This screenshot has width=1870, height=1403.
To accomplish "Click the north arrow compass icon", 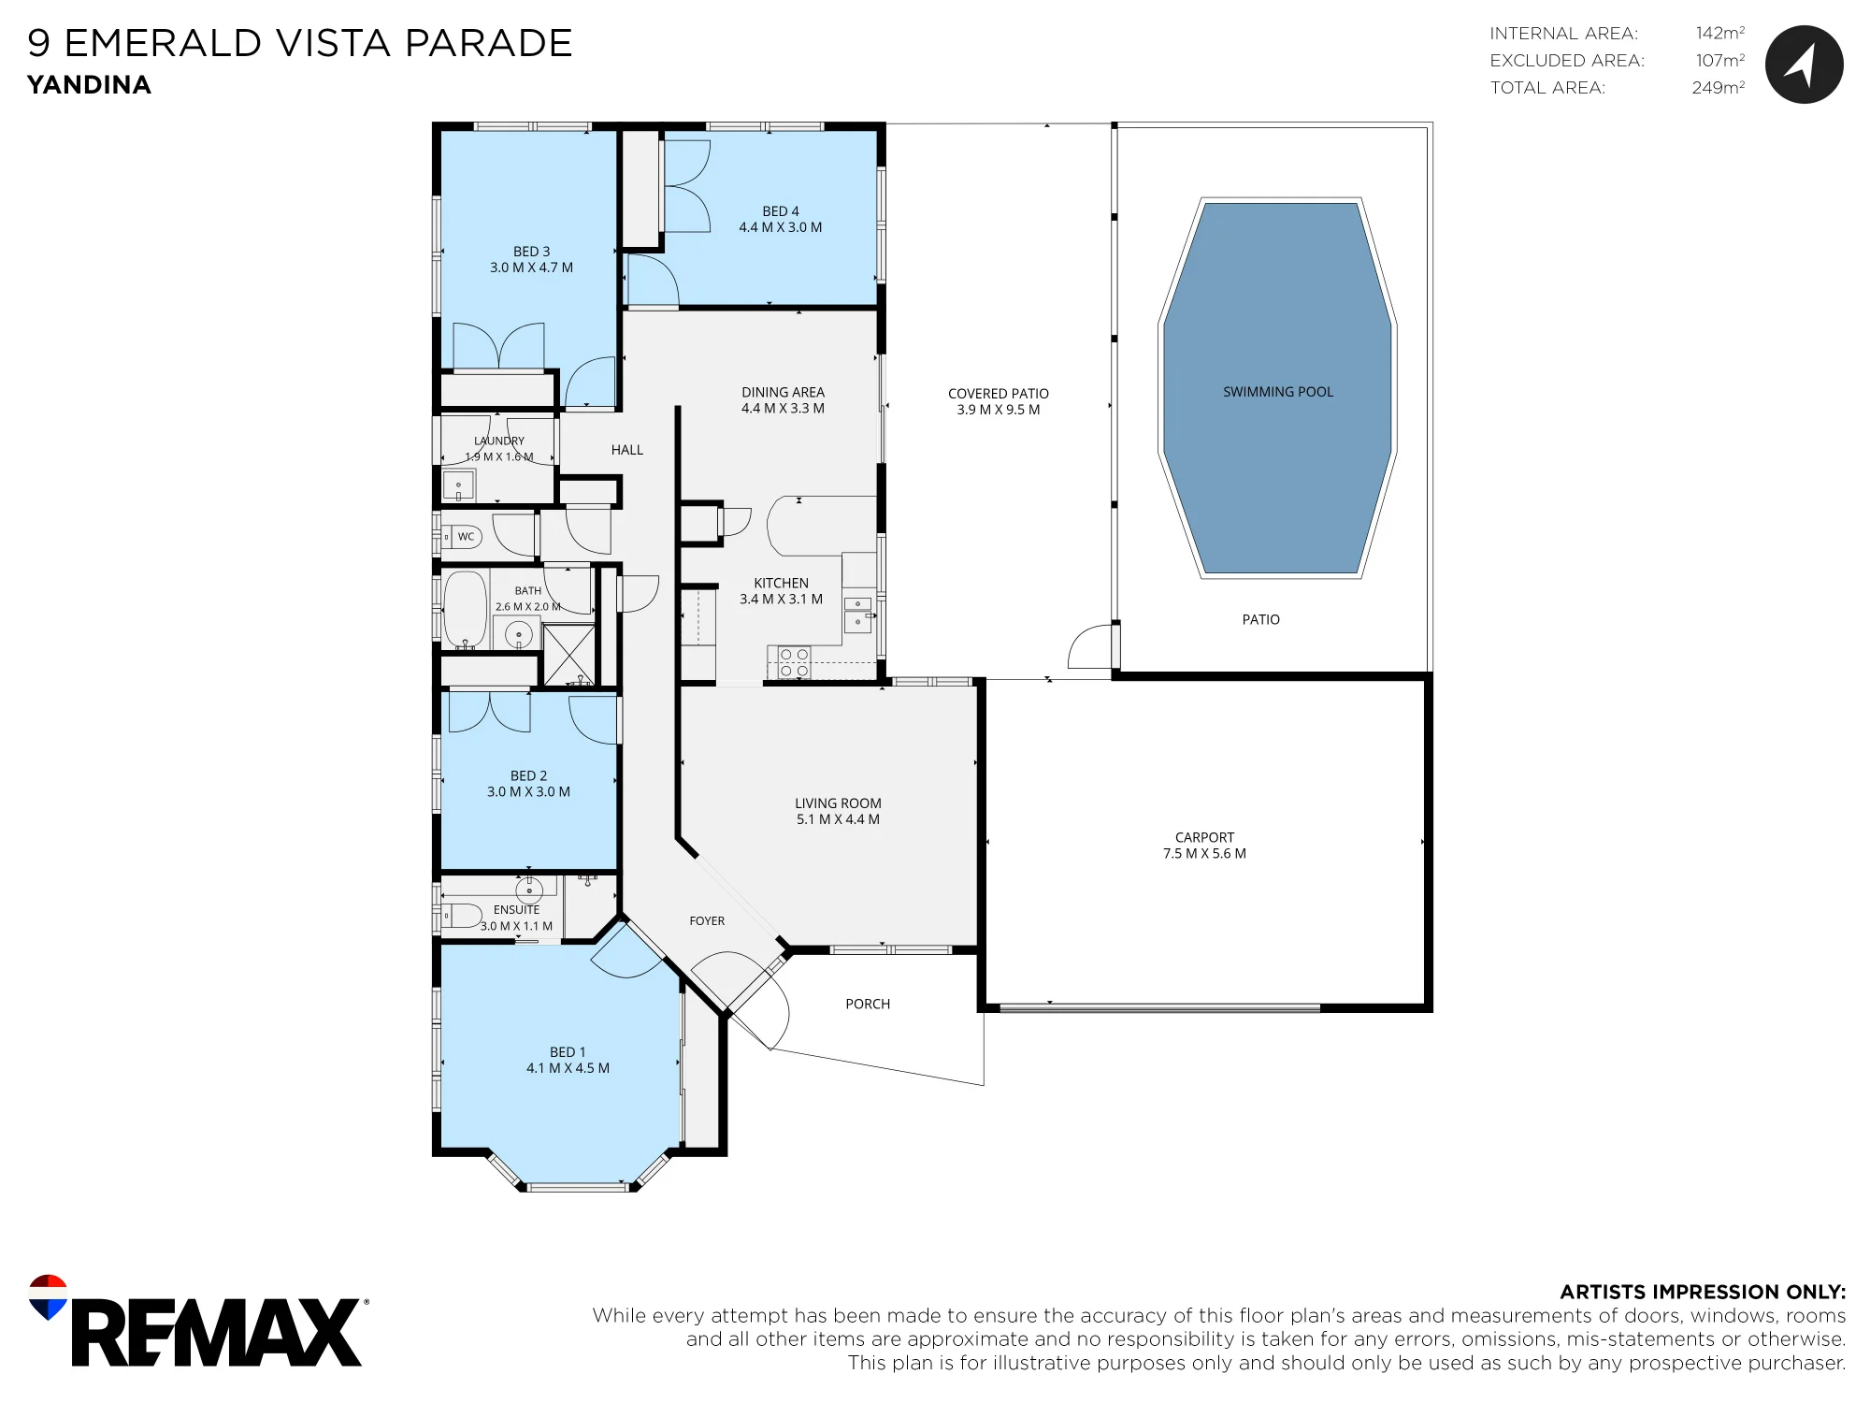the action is click(1804, 64).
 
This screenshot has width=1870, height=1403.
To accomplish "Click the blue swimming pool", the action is click(1277, 388).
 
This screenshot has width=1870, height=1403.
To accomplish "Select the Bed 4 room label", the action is click(781, 211).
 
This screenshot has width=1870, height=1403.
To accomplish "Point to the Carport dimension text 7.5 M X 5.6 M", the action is click(1204, 853).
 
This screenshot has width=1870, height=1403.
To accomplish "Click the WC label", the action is click(466, 536).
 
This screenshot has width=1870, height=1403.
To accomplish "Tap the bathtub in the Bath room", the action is click(465, 609).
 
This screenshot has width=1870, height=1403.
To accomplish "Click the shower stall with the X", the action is click(568, 654).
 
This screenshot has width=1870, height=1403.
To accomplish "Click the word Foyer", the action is click(707, 921).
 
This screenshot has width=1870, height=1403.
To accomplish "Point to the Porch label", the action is click(868, 1004).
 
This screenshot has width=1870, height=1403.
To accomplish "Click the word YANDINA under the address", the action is click(89, 85).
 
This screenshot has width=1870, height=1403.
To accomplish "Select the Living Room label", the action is click(838, 803).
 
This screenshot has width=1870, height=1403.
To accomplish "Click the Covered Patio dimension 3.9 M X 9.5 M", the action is click(999, 410).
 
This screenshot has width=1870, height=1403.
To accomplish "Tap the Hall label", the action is click(627, 450).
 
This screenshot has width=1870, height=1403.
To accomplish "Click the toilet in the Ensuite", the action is click(462, 914).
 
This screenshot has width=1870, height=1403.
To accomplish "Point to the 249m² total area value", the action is click(1719, 87).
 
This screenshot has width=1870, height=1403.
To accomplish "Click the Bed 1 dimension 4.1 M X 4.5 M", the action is click(568, 1068).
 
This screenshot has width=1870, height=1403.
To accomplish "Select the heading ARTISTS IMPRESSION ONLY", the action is click(1703, 1292).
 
